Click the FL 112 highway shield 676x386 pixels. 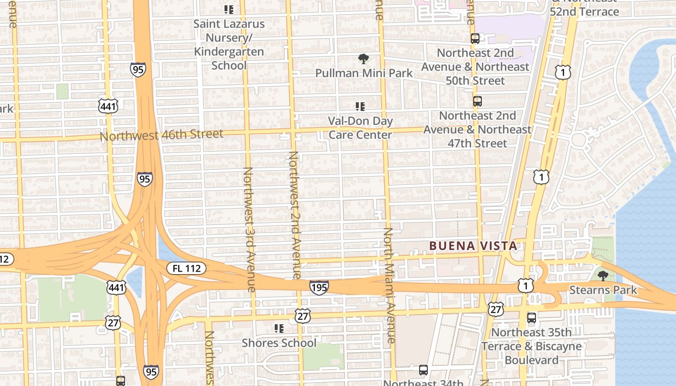coord(186,268)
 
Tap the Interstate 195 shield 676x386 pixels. coord(319,288)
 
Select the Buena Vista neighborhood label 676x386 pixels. coord(473,246)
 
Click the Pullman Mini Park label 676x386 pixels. coord(364,73)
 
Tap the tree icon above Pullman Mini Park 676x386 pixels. coord(364,59)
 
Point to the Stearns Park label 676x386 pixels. coord(603,290)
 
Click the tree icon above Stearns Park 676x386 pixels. coord(603,276)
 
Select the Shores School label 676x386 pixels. coord(279,343)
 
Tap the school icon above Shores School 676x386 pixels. coord(279,329)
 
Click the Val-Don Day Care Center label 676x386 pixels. coord(360,128)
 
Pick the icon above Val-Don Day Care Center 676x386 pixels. coord(360,106)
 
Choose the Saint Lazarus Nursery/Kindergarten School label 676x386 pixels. coord(229,44)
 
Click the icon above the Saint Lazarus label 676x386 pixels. coord(229,9)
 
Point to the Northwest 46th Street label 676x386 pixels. coord(161,135)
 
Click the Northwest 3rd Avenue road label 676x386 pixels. coord(249,229)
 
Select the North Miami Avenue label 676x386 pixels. coord(389,285)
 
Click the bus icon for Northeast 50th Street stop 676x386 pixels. coord(475,38)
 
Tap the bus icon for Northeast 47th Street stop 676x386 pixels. coord(478,101)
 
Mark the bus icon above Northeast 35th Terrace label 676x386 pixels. coord(532,318)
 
